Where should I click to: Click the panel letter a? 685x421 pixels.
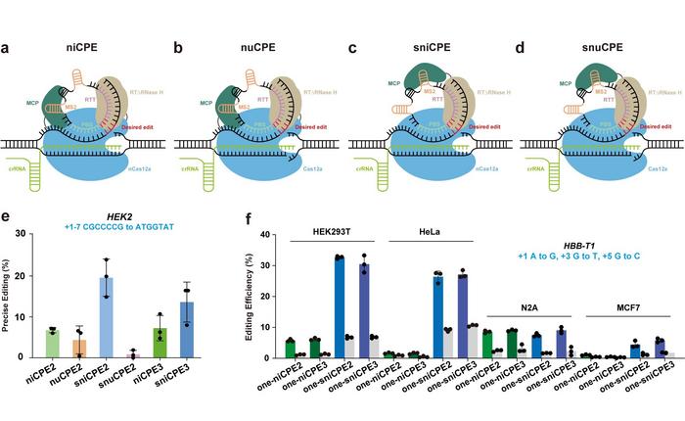click(9, 20)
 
